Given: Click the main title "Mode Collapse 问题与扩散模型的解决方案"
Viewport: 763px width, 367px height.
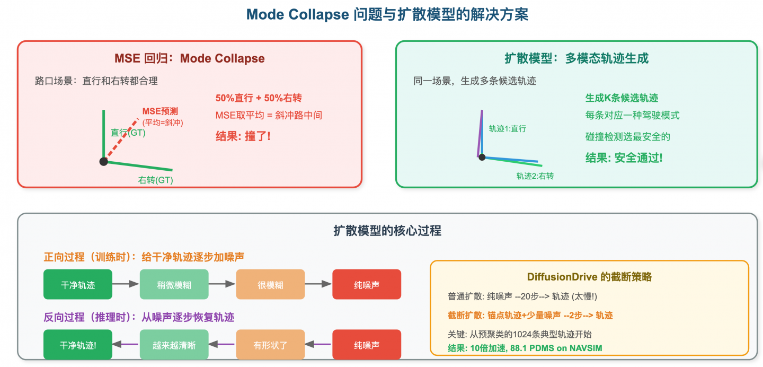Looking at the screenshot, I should coord(387,14).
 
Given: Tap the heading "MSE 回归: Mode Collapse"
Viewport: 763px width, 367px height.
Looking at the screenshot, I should coord(189,58).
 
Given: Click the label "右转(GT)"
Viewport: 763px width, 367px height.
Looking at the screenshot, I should coord(155,180).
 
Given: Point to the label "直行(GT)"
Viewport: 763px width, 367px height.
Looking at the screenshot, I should coord(128,133).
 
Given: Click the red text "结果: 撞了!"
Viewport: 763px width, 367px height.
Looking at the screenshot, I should coord(243,136).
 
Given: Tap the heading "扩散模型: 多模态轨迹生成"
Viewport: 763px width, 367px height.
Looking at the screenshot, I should coord(576,58).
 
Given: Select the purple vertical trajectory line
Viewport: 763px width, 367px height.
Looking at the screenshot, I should coord(481,133).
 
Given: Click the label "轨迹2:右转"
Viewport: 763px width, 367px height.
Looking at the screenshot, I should coord(535,176).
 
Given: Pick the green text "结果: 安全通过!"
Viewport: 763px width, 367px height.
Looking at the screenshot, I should coord(624,158).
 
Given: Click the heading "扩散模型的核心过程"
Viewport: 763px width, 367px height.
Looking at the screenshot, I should coord(387,231).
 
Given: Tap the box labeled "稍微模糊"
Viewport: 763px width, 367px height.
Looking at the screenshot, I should coord(174,285).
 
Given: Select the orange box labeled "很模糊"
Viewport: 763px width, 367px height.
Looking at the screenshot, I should coord(270,285).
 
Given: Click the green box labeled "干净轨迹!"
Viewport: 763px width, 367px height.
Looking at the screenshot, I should coord(78,345).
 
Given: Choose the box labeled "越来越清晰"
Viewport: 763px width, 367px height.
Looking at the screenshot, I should coord(174,345).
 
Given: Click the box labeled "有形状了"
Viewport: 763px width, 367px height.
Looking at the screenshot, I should coord(270,345).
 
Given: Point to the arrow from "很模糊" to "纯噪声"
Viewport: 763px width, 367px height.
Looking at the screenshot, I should coord(318,284).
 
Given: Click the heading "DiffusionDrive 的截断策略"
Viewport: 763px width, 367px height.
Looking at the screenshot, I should coord(589,277).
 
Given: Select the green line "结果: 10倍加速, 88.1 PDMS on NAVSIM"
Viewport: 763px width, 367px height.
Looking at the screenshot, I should coord(525,348).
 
